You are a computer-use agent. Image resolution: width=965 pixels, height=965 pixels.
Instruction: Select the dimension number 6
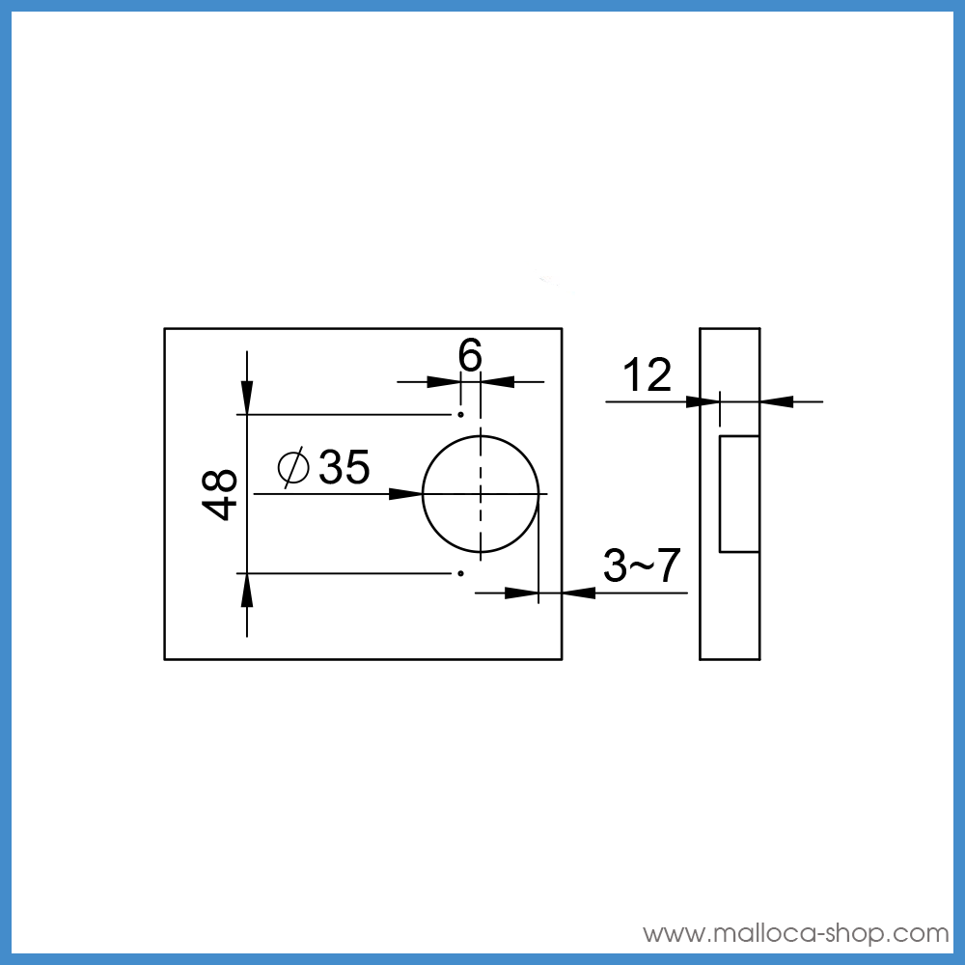[470, 357]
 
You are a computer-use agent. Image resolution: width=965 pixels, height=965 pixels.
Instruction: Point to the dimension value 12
[647, 375]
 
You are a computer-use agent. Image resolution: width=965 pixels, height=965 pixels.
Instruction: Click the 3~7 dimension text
[642, 566]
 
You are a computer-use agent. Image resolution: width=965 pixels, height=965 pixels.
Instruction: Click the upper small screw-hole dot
[461, 415]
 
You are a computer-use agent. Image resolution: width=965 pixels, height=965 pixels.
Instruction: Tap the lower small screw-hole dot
[461, 573]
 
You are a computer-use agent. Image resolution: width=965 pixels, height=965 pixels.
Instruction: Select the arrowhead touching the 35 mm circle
[406, 494]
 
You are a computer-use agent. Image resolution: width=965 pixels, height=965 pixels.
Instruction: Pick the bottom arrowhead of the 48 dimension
[247, 590]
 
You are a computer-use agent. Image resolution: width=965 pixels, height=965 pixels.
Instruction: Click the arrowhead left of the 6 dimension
[443, 382]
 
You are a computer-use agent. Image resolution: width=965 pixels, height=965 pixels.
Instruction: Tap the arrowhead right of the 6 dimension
[498, 382]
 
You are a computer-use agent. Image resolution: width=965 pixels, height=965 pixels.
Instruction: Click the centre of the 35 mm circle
[481, 494]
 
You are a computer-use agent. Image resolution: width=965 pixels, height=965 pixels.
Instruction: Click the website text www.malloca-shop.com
[796, 933]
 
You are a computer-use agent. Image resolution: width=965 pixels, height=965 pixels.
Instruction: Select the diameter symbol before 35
[292, 468]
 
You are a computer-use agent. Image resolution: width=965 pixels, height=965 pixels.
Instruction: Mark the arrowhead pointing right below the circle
[521, 593]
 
